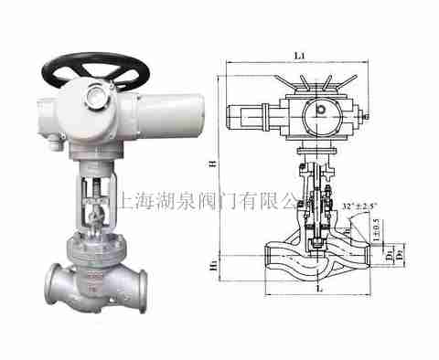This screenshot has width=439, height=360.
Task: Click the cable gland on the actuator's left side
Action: click(56, 139)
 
